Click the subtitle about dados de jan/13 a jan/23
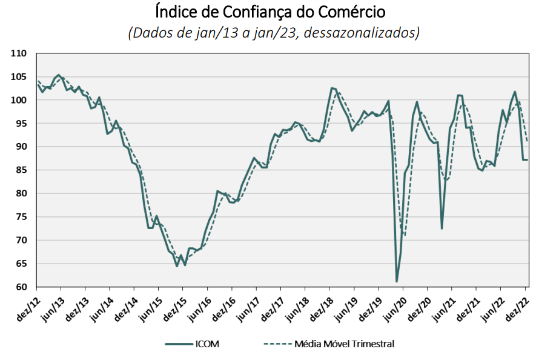(x=274, y=32)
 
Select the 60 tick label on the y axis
(x=22, y=287)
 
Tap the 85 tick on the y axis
(x=22, y=170)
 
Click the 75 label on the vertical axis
(x=22, y=217)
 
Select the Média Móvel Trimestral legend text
(x=343, y=344)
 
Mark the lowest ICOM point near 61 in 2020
(x=397, y=282)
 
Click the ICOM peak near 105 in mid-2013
(x=58, y=75)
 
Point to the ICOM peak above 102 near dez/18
(x=331, y=88)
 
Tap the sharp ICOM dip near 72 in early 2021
(x=442, y=228)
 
